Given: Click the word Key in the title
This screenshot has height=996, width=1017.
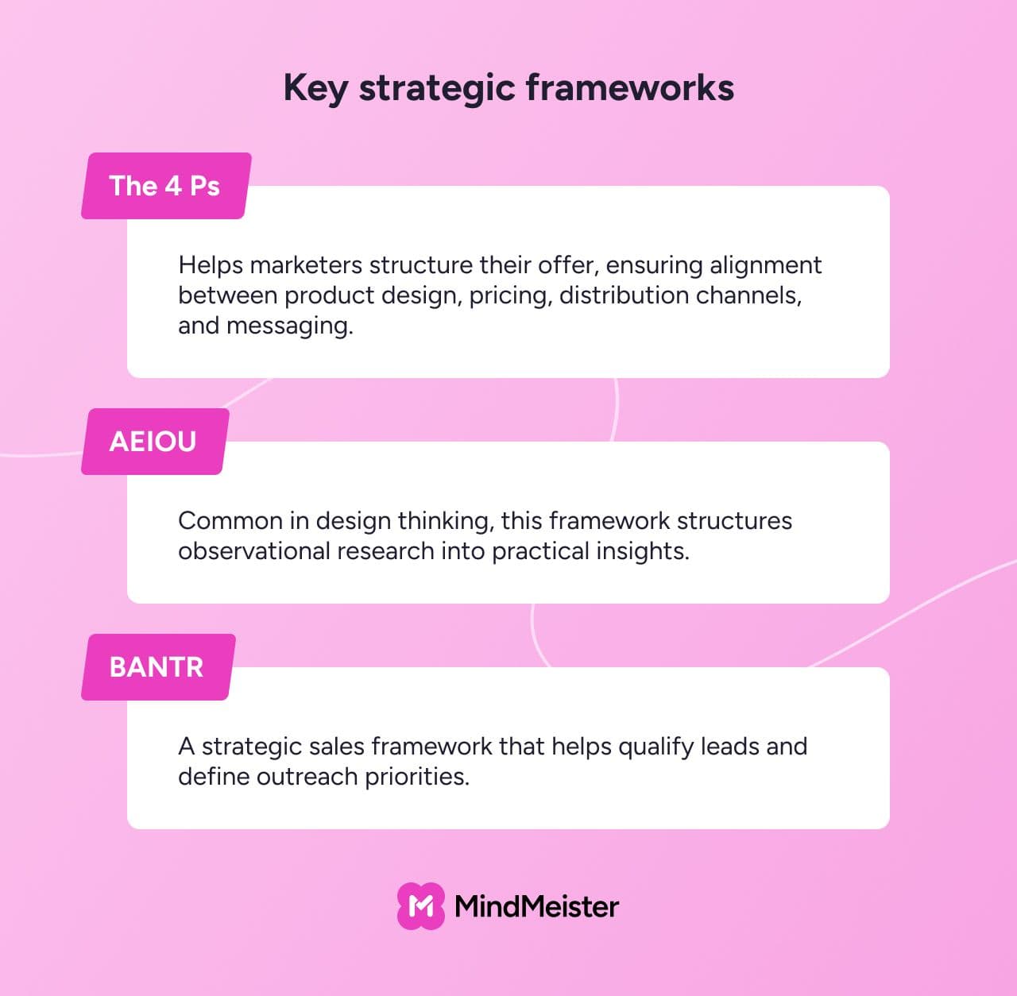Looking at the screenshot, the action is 315,88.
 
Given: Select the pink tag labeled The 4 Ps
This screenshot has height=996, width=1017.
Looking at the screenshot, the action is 166,186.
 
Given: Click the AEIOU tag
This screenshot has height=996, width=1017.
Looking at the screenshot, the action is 155,442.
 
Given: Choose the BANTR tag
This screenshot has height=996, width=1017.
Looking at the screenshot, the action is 158,667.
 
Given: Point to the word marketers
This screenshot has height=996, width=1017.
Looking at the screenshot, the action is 306,265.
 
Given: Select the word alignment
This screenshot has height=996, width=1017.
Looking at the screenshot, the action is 766,265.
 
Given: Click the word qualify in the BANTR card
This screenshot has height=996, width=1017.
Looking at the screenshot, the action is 656,747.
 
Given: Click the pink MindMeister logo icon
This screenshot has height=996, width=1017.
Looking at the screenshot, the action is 420,905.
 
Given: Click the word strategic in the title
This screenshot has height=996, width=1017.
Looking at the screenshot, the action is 437,89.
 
